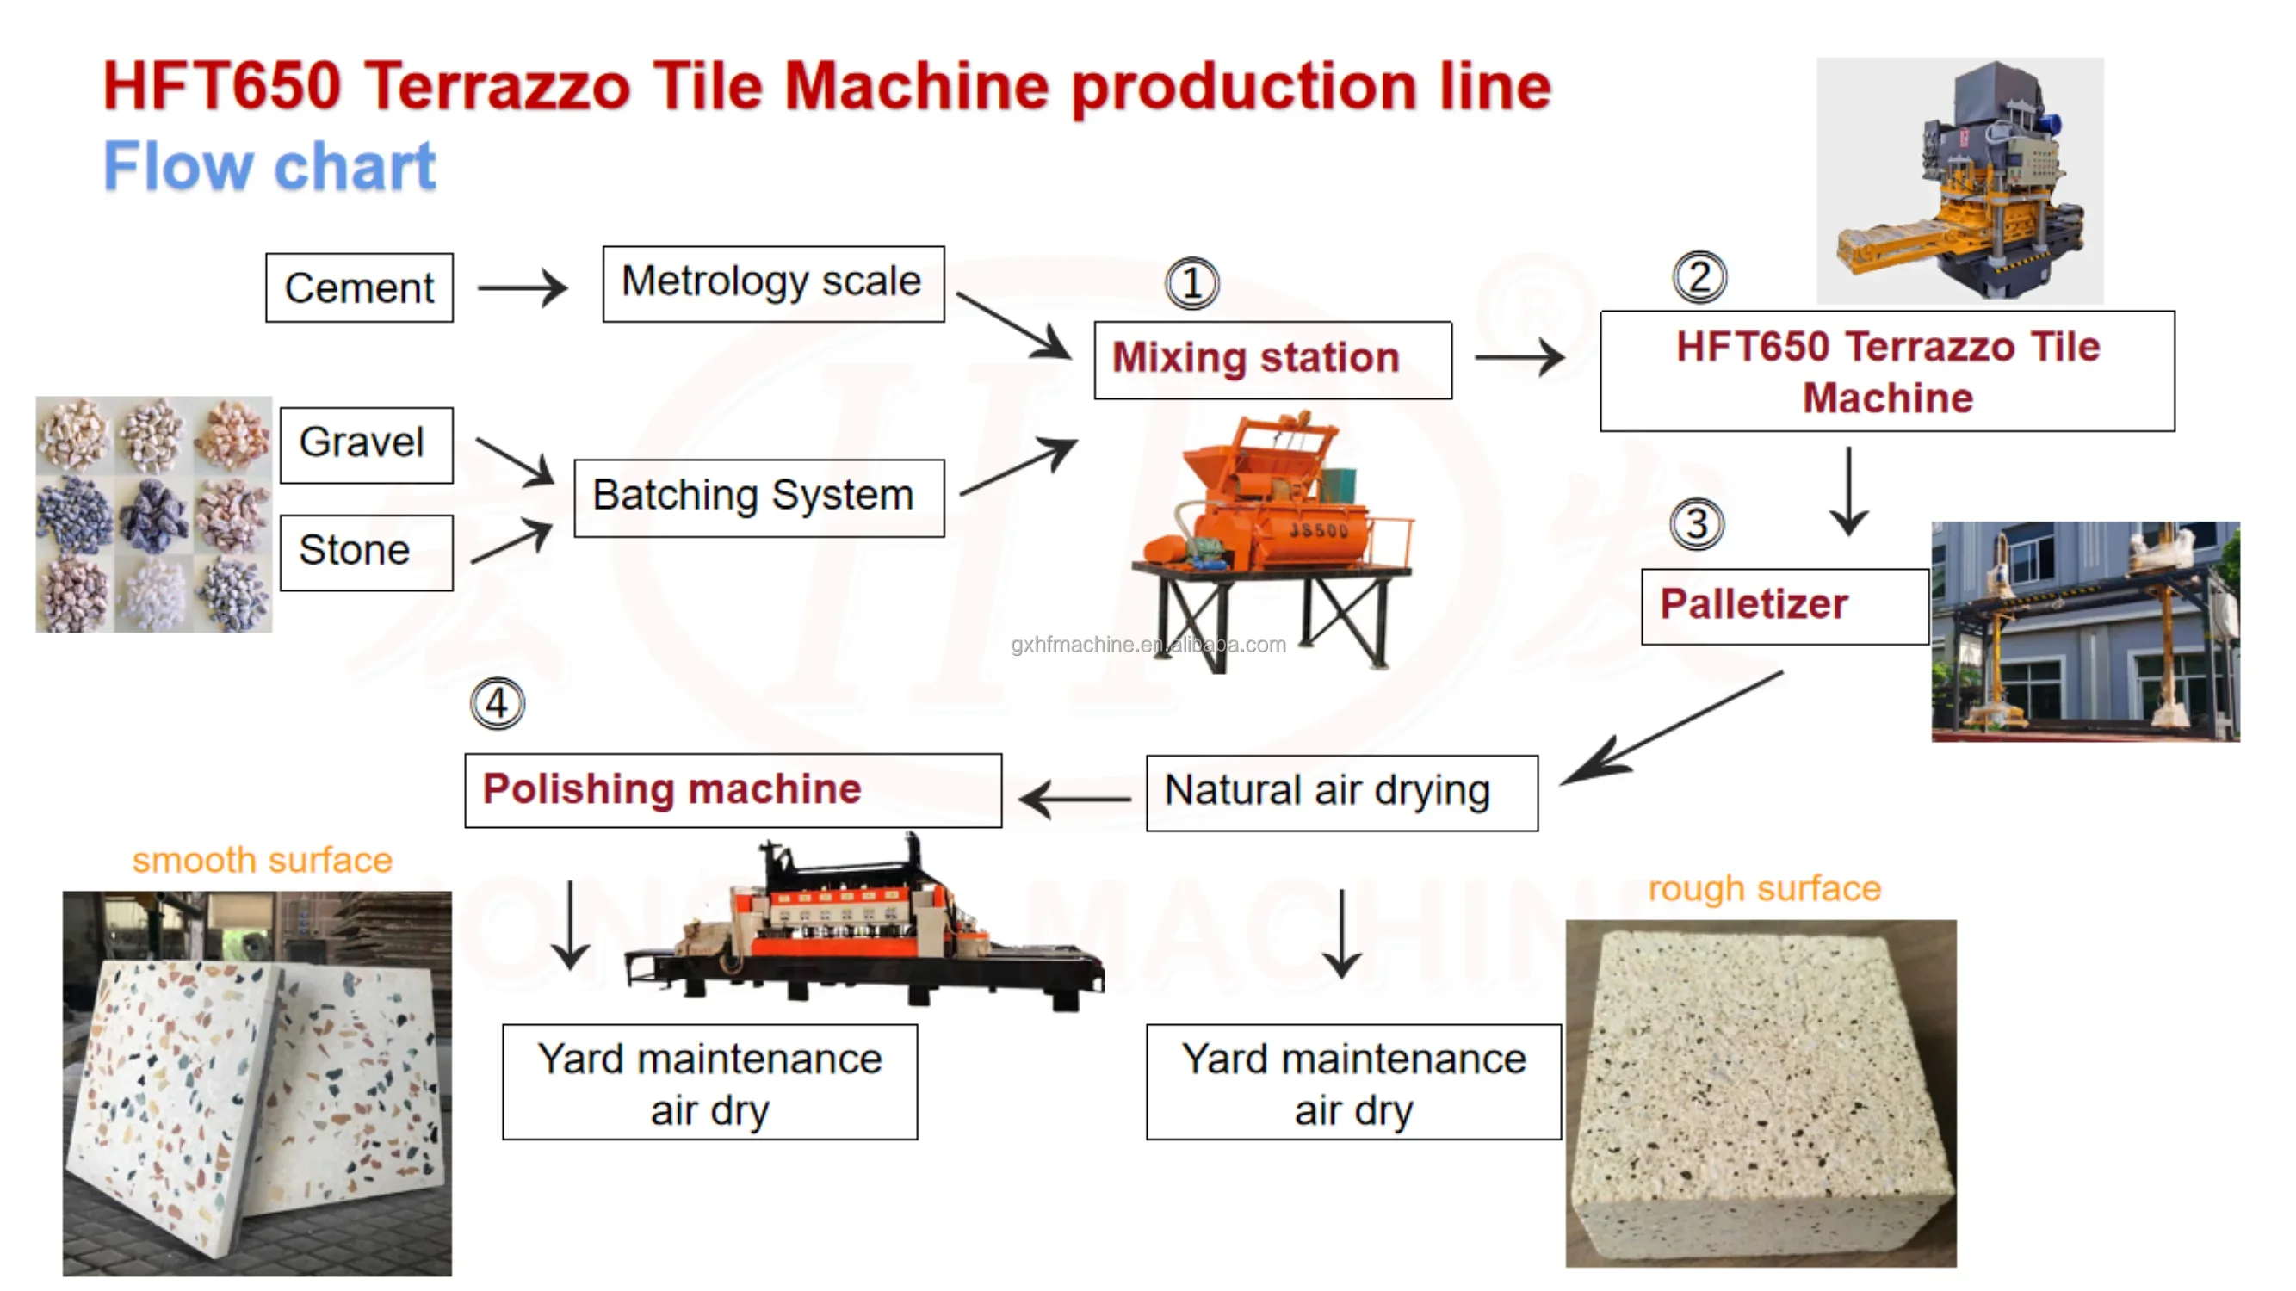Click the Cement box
pos(359,287)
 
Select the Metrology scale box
pos(773,283)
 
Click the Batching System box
pos(758,497)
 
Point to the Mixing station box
pos(1272,360)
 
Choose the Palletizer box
pos(1784,606)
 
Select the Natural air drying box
pos(1341,792)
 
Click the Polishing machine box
pos(733,790)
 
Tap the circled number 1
pos(1191,283)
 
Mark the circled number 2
pos(1699,277)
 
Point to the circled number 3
pos(1696,524)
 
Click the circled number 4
pos(498,704)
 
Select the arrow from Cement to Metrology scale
pos(523,287)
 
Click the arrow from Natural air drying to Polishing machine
pos(1075,799)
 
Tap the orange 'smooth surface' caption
pos(262,861)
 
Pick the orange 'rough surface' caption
pos(1764,888)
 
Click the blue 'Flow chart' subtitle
pos(270,167)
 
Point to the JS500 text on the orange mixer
pos(1319,531)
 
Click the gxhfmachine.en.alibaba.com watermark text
pos(1148,644)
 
